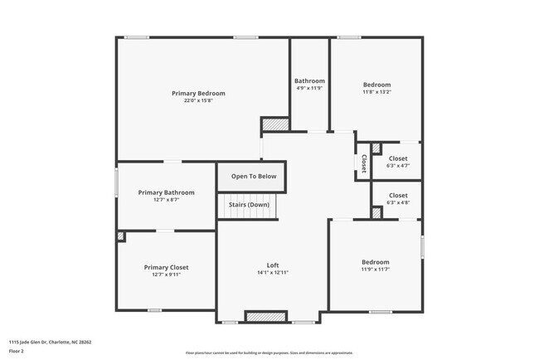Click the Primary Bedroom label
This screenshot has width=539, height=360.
coord(198,93)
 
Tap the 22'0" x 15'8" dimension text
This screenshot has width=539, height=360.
coord(198,101)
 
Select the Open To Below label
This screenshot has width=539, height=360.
coord(253,176)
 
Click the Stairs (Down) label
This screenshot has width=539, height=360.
coord(249,204)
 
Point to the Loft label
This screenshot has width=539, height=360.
coord(272,265)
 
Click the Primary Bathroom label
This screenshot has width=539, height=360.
coord(166,192)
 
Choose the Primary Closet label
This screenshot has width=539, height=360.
coord(166,267)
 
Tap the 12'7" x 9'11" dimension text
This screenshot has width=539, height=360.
coord(166,275)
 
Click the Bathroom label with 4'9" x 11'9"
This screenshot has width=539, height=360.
coord(309,80)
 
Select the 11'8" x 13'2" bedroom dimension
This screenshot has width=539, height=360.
coord(376,94)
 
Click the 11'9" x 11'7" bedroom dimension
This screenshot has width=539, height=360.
coord(375,270)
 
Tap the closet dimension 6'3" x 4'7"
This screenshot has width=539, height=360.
coord(398,166)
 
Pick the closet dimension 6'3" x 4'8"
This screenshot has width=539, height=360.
coord(398,203)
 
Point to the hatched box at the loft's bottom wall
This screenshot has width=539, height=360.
coord(266,317)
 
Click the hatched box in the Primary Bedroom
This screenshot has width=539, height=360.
coord(275,124)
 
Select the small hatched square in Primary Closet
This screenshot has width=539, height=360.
coord(121,236)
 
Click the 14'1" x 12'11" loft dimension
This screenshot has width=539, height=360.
coord(272,273)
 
